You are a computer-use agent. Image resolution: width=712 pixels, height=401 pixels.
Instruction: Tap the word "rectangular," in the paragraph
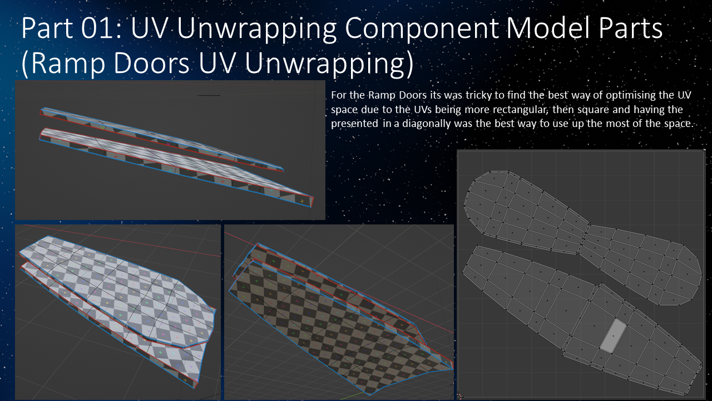(513, 109)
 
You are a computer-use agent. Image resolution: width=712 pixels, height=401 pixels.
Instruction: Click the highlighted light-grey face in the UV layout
(612, 335)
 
